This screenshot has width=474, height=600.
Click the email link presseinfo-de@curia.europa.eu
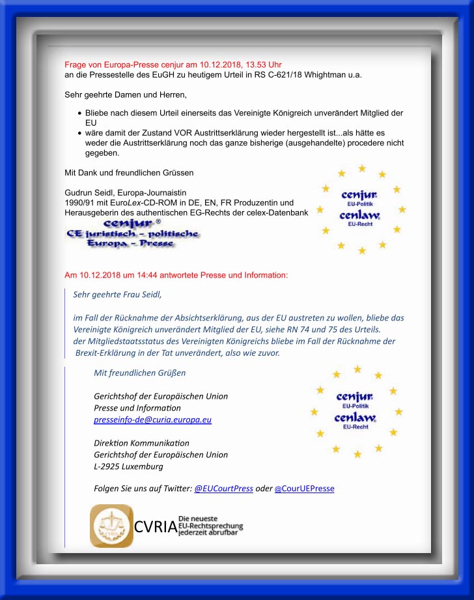click(x=152, y=420)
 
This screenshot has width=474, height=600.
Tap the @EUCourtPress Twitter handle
click(x=223, y=489)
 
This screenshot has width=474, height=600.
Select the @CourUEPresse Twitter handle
click(x=304, y=489)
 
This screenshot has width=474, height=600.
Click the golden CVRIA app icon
click(x=111, y=526)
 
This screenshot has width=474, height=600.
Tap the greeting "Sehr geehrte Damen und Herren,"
click(x=117, y=95)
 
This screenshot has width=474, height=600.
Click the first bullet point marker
click(x=79, y=113)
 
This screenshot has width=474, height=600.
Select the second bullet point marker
click(x=79, y=133)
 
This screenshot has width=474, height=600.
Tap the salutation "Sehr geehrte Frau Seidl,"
click(x=117, y=294)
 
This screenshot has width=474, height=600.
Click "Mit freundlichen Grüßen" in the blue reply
click(x=139, y=373)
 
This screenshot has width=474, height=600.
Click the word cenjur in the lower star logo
click(x=354, y=396)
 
